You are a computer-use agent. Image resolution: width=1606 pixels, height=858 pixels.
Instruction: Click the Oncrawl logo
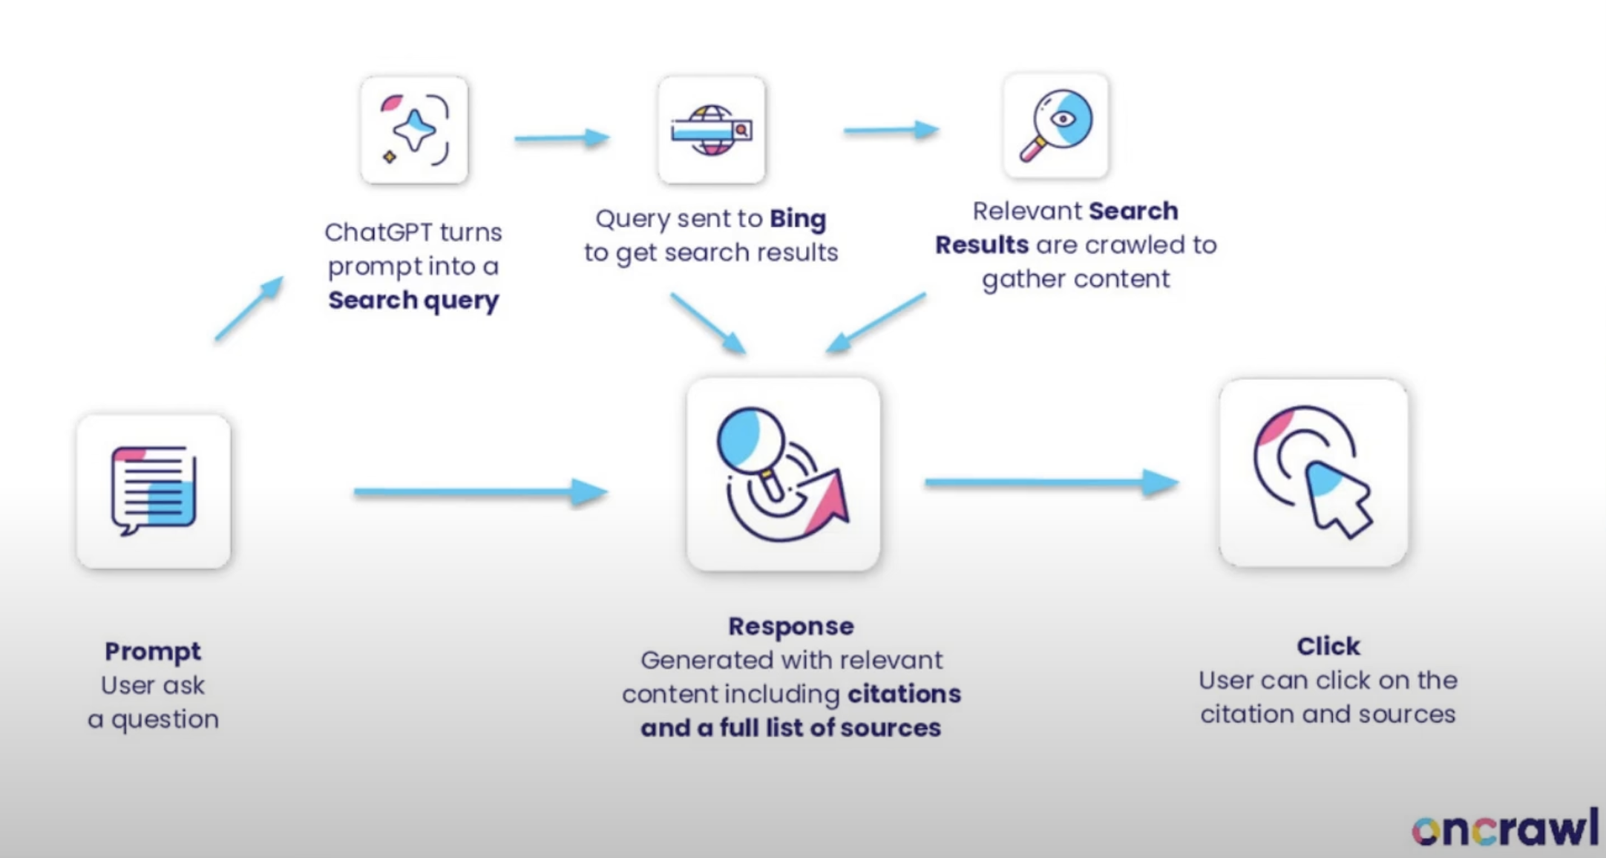(x=1504, y=828)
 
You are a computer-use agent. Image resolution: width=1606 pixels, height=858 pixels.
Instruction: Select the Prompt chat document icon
(x=154, y=491)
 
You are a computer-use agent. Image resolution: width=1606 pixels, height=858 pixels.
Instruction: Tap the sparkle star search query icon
(x=414, y=130)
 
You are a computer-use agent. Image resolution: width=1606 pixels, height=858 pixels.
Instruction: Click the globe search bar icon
(x=711, y=130)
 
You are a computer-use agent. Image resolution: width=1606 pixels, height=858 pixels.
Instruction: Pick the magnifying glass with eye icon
(x=1055, y=125)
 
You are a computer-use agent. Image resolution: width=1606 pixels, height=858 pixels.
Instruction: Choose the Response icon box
(x=783, y=474)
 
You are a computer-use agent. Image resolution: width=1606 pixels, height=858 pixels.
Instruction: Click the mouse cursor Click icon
(x=1313, y=473)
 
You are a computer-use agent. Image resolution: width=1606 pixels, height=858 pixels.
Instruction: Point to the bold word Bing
(x=798, y=219)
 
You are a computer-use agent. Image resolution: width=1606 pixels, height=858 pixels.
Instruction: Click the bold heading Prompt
(x=153, y=651)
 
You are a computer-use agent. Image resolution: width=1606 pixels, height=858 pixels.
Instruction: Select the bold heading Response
(x=791, y=626)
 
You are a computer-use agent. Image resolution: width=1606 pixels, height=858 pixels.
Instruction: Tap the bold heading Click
(x=1328, y=646)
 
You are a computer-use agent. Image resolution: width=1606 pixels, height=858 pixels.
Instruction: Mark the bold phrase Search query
(x=413, y=301)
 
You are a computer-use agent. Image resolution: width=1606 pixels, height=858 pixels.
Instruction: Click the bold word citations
(x=904, y=694)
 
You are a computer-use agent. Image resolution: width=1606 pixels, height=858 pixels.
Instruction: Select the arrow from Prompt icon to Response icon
(x=480, y=491)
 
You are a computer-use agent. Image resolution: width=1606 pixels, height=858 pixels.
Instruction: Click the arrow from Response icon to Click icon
(x=1051, y=482)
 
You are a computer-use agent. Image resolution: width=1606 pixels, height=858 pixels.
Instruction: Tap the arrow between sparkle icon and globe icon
(x=562, y=138)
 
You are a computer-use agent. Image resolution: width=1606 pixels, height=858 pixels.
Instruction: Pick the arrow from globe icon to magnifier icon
(x=891, y=131)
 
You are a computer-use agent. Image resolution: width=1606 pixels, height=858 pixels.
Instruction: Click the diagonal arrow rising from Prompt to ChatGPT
(x=249, y=309)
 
